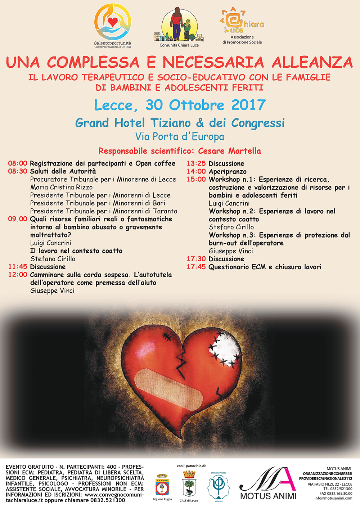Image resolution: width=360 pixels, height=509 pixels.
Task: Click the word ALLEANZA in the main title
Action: pyautogui.click(x=312, y=62)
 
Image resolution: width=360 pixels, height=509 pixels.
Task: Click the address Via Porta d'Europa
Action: pyautogui.click(x=180, y=137)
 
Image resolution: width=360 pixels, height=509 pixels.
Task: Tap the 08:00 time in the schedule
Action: pyautogui.click(x=18, y=163)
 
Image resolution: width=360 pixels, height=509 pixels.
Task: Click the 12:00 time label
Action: pyautogui.click(x=18, y=275)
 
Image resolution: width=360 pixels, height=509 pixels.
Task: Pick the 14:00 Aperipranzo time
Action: pyautogui.click(x=196, y=172)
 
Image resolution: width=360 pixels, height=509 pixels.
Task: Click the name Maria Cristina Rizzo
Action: pyautogui.click(x=61, y=187)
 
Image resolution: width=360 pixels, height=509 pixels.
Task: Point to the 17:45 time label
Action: pyautogui.click(x=196, y=267)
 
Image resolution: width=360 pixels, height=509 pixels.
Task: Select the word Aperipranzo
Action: pyautogui.click(x=228, y=172)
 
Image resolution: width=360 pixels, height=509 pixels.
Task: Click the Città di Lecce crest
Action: pyautogui.click(x=189, y=484)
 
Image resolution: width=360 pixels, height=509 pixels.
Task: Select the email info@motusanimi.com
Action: pyautogui.click(x=333, y=498)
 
